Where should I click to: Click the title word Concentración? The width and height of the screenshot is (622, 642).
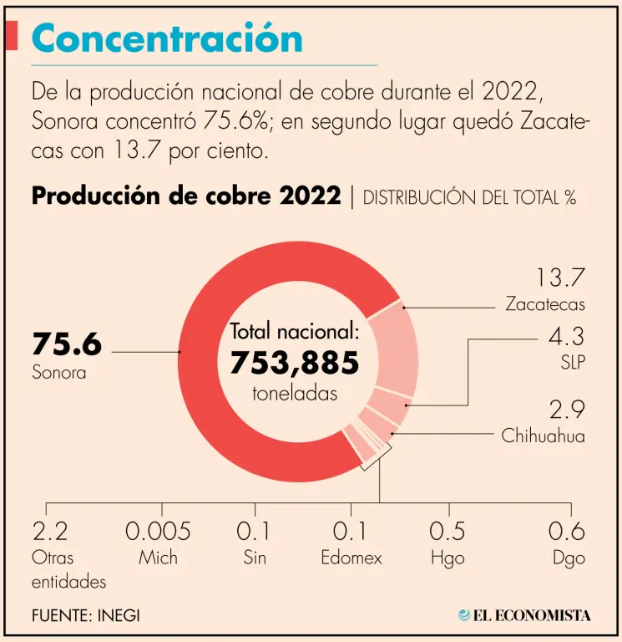[x=166, y=38]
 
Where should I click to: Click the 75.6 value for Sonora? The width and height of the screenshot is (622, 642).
[x=67, y=344]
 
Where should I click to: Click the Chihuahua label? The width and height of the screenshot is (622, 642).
[x=543, y=436]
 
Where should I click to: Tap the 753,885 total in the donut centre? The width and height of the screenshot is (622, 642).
[x=294, y=363]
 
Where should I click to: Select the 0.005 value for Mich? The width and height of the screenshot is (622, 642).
[x=158, y=531]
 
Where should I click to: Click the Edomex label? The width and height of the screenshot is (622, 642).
[x=351, y=558]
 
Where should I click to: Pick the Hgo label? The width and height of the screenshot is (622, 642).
[x=448, y=558]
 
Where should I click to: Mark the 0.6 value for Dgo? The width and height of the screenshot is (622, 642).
[x=566, y=531]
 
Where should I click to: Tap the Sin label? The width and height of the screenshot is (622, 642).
[x=254, y=558]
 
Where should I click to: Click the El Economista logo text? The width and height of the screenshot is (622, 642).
[x=531, y=616]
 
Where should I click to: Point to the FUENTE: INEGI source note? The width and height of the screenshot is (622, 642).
[x=86, y=615]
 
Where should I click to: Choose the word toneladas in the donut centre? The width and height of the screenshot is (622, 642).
[x=295, y=394]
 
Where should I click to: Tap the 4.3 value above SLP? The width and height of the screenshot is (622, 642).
[x=566, y=338]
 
